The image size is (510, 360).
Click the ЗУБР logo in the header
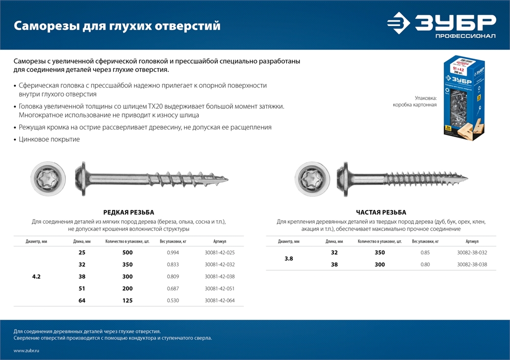(441, 25)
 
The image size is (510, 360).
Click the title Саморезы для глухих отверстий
(117, 25)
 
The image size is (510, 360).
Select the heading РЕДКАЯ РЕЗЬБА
(129, 213)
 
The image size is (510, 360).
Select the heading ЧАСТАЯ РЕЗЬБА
(381, 213)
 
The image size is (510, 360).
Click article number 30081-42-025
(219, 253)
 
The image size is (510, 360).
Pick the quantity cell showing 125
(127, 301)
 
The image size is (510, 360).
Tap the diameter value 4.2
(36, 277)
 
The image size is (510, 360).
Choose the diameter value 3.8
(289, 259)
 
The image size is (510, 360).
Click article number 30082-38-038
(472, 265)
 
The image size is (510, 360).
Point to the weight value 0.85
(425, 253)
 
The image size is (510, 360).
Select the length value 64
(82, 301)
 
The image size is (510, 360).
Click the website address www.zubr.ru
(27, 351)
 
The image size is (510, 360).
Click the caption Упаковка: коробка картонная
(415, 101)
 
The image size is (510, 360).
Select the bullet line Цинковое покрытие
(49, 139)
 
